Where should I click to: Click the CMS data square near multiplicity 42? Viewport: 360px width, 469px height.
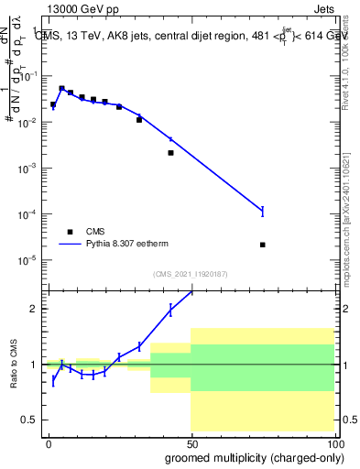pyautogui.click(x=170, y=153)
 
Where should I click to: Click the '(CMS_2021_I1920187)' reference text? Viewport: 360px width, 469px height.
pyautogui.click(x=190, y=274)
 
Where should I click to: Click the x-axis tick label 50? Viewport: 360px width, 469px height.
pyautogui.click(x=191, y=443)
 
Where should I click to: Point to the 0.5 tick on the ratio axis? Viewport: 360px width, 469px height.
pyautogui.click(x=32, y=420)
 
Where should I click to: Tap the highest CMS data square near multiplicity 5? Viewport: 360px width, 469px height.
pyautogui.click(x=61, y=89)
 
